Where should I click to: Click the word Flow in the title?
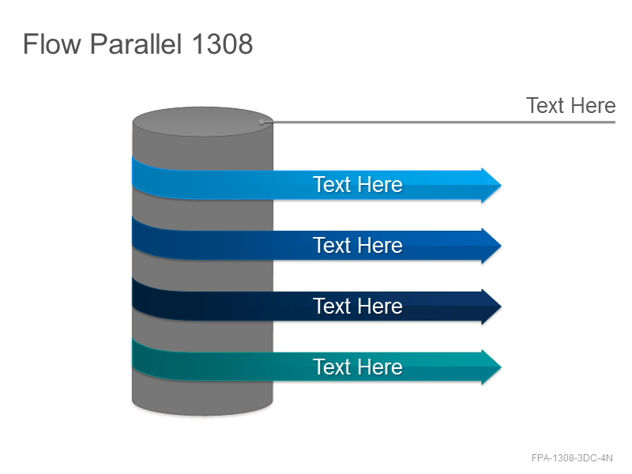51,43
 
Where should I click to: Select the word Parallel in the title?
136,43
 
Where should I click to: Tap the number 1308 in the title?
223,43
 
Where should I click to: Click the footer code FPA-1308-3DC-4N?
572,458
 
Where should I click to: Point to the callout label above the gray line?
570,106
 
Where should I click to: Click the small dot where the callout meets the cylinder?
261,122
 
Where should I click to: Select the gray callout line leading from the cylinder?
438,122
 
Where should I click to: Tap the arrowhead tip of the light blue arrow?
501,185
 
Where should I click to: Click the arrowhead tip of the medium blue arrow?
501,246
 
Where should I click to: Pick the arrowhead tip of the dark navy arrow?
501,307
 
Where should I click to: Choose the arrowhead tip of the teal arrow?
501,367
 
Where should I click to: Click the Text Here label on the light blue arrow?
358,185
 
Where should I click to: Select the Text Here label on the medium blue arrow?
358,245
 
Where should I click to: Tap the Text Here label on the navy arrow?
358,306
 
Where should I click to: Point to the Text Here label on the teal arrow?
358,367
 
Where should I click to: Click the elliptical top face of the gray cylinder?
202,122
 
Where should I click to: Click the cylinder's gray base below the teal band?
202,397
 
